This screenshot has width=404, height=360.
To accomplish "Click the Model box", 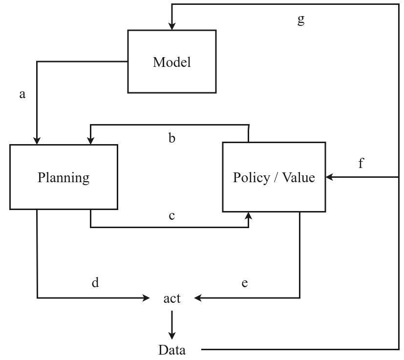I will pyautogui.click(x=171, y=62).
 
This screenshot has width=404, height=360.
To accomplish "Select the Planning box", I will pyautogui.click(x=64, y=177).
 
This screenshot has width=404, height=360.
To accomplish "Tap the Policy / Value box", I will pyautogui.click(x=274, y=177).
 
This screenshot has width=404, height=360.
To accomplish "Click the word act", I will pyautogui.click(x=171, y=297).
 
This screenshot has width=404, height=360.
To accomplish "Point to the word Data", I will pyautogui.click(x=171, y=350).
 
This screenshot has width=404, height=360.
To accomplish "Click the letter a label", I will pyautogui.click(x=22, y=94).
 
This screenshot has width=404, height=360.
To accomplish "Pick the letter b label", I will pyautogui.click(x=171, y=138).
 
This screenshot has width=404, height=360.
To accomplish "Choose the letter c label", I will pyautogui.click(x=171, y=215).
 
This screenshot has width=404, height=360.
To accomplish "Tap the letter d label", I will pyautogui.click(x=95, y=282).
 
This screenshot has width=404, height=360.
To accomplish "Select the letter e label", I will pyautogui.click(x=245, y=282).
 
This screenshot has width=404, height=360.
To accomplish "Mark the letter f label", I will pyautogui.click(x=361, y=163).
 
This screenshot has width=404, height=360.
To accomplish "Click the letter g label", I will pyautogui.click(x=301, y=20).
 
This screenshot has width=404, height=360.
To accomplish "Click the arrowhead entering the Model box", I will pyautogui.click(x=171, y=26).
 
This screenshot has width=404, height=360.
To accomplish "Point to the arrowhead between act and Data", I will pyautogui.click(x=171, y=335).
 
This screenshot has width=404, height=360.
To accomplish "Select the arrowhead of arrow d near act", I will pyautogui.click(x=146, y=297).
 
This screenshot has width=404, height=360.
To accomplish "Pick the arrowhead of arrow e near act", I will pyautogui.click(x=197, y=297).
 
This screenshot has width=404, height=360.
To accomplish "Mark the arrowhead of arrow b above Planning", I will pyautogui.click(x=90, y=141).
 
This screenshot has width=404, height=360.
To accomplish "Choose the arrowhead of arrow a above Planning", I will pyautogui.click(x=37, y=141).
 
